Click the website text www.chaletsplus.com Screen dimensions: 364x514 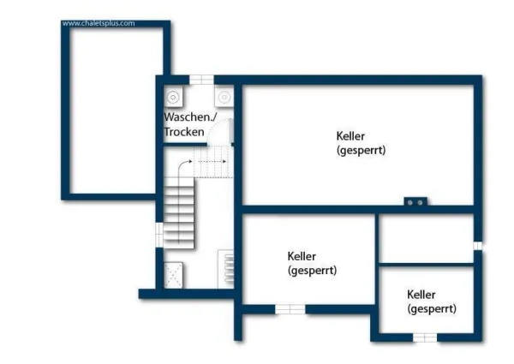[x=99, y=23]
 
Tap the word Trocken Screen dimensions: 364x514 [x=184, y=132]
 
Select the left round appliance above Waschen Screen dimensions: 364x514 [x=174, y=96]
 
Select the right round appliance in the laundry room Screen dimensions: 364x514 [x=224, y=96]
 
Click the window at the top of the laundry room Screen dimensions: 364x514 [x=201, y=80]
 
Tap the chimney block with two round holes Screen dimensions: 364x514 [x=415, y=203]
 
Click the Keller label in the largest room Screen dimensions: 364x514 [x=350, y=135]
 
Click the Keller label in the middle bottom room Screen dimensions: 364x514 [x=302, y=255]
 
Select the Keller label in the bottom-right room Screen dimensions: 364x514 [x=422, y=294]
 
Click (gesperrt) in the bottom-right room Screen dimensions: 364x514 [x=432, y=308]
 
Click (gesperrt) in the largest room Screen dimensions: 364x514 [x=361, y=150]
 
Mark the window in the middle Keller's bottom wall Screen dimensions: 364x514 [x=290, y=308]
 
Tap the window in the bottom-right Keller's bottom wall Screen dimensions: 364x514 [x=424, y=337]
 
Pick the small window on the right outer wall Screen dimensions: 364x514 [x=477, y=245]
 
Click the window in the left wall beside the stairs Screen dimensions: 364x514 [x=159, y=234]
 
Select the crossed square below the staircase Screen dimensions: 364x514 [x=173, y=274]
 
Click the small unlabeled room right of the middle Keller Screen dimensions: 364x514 [x=426, y=238]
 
